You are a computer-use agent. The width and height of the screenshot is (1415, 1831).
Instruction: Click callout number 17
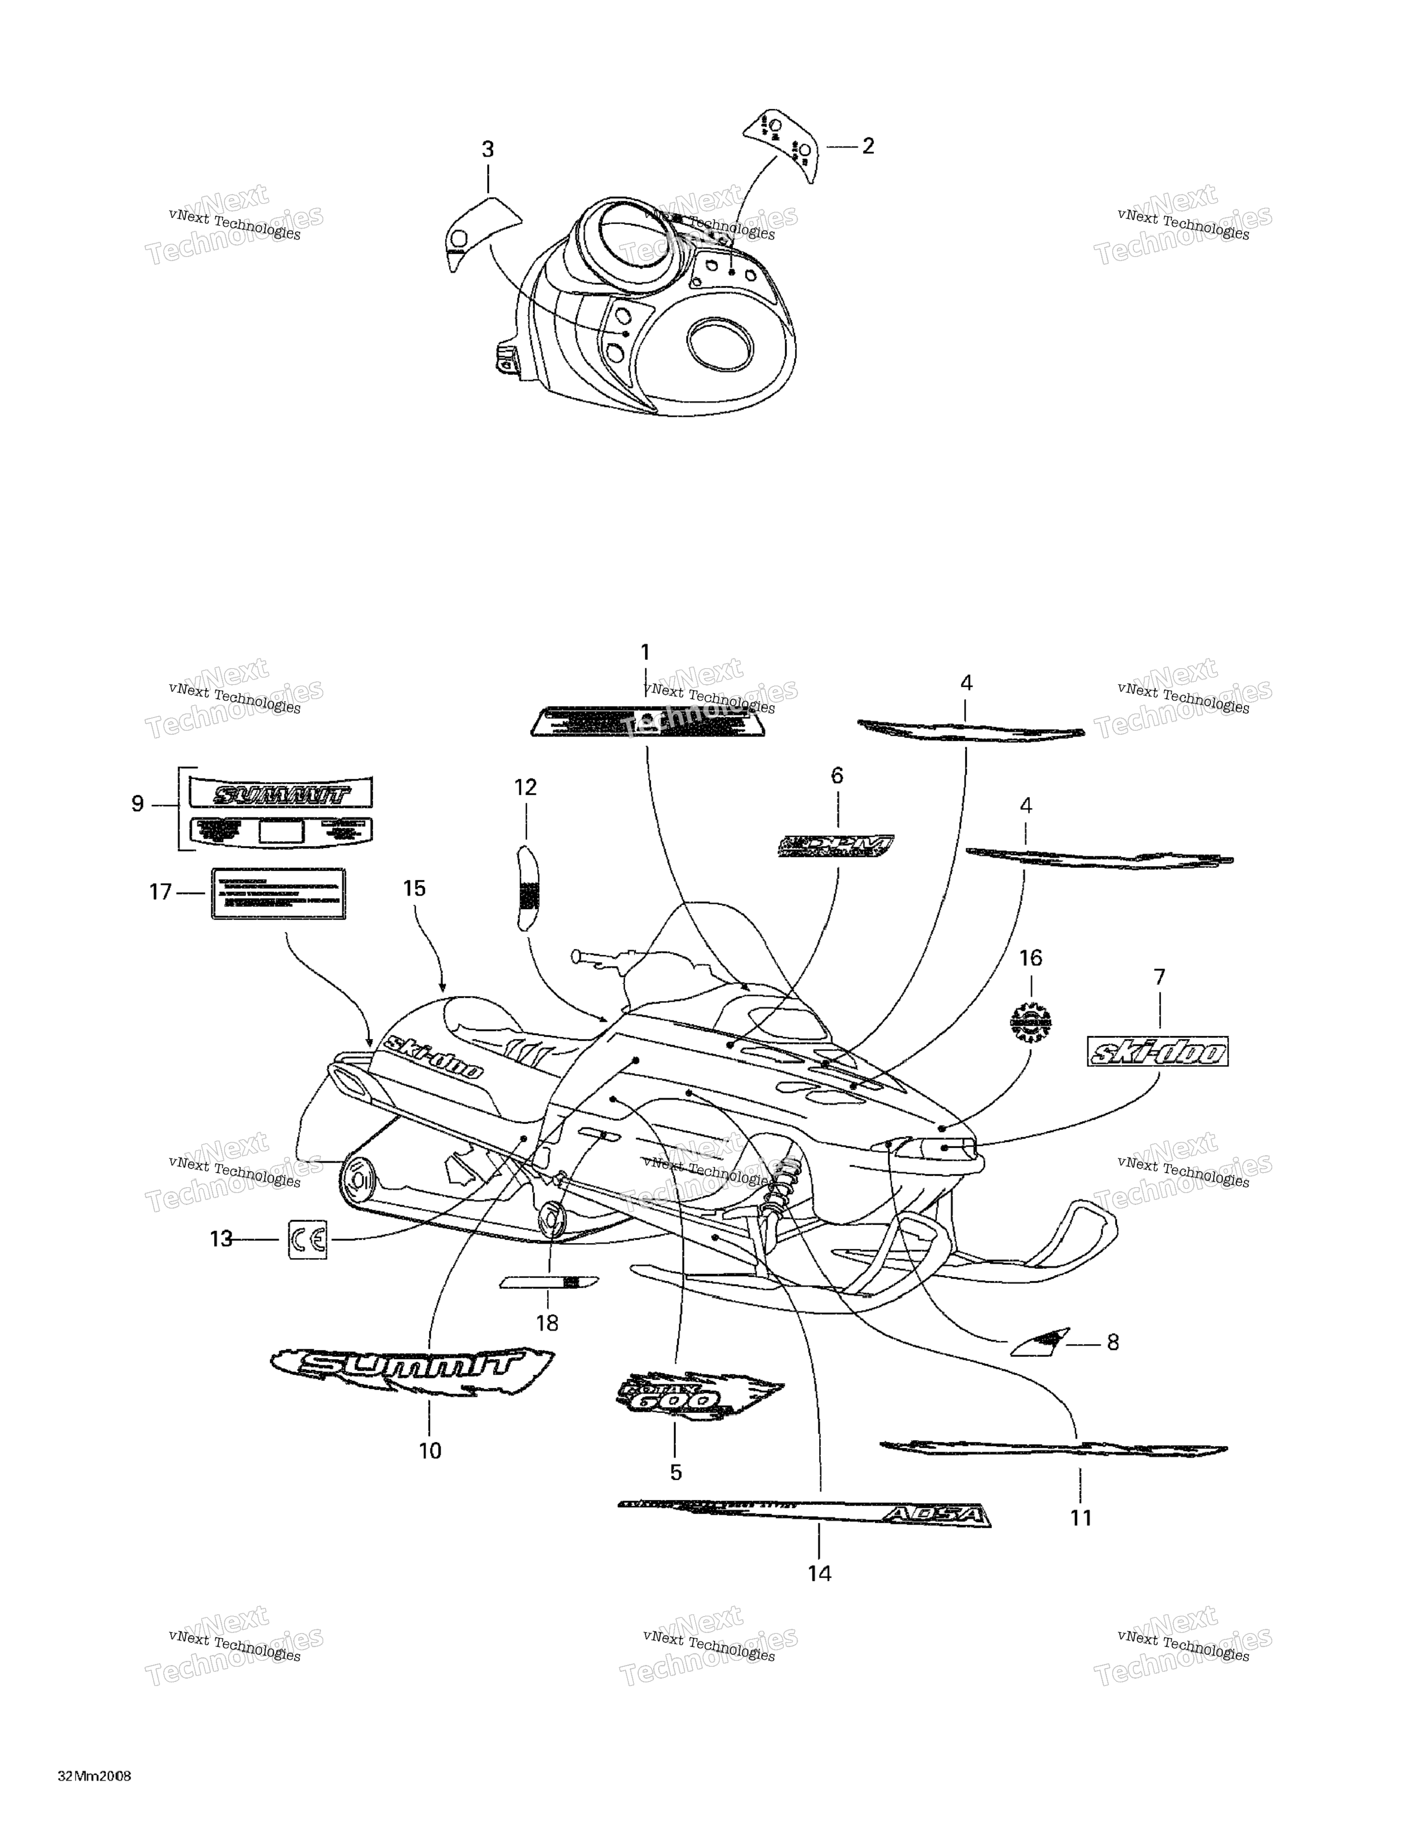(x=160, y=892)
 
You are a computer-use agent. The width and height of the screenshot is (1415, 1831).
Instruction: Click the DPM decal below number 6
(x=836, y=846)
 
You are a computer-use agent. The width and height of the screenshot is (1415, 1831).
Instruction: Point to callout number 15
(x=414, y=888)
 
